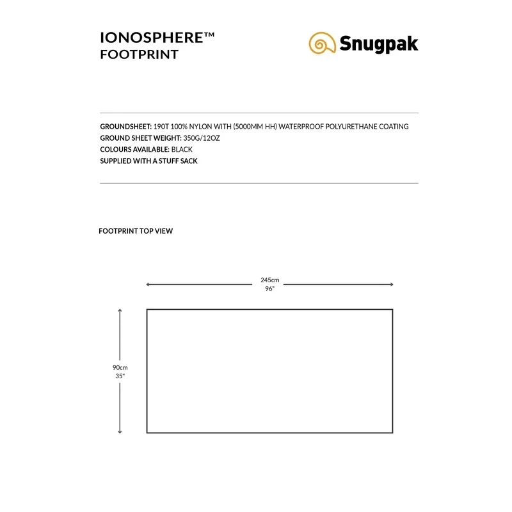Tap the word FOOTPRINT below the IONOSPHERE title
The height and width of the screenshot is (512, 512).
[x=139, y=54]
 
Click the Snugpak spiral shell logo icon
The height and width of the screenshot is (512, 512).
[x=321, y=43]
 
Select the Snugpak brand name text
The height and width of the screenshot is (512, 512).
[x=379, y=44]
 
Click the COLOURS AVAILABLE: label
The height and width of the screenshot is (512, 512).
[x=133, y=150]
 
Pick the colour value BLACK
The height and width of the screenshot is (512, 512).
[x=181, y=150]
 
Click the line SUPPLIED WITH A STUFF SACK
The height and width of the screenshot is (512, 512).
[x=148, y=161]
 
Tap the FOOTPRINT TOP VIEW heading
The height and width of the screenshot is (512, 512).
[x=136, y=231]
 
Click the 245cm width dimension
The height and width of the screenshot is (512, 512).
[x=269, y=280]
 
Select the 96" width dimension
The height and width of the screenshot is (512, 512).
[x=269, y=289]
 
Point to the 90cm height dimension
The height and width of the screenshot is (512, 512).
[x=120, y=367]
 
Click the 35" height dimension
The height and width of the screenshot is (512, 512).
[x=120, y=376]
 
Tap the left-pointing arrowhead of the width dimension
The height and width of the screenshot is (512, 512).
[x=148, y=284]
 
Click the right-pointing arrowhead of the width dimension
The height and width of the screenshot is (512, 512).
[x=391, y=284]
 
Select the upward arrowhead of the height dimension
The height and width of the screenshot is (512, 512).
[x=120, y=311]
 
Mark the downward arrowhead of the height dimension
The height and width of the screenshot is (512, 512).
[x=120, y=431]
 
